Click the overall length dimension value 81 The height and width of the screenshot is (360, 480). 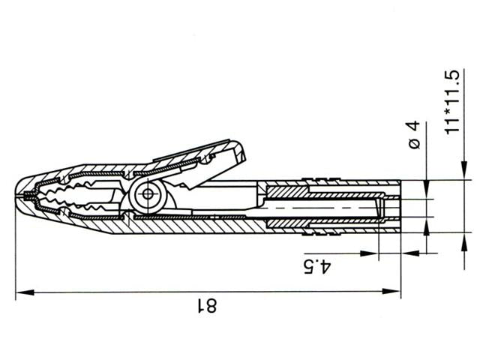coord(206,305)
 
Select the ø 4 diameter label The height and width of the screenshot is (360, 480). coord(417,138)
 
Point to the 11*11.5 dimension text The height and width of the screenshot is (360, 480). coord(452,103)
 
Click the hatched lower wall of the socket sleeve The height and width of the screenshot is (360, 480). coord(322,222)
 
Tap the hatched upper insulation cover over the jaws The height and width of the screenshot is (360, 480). coord(97,169)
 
